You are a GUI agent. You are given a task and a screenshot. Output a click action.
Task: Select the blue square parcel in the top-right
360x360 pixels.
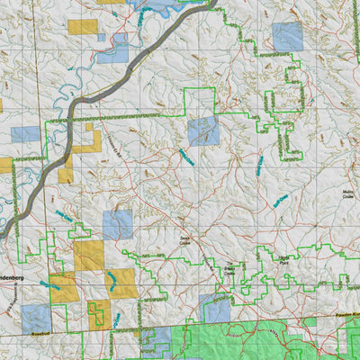click(287, 37)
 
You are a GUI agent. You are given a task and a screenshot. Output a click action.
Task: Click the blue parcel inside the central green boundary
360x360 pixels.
click(203, 131)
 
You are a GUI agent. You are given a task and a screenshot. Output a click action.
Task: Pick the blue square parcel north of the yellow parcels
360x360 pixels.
click(118, 224)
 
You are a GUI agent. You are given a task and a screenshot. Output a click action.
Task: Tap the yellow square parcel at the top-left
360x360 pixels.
click(82, 27)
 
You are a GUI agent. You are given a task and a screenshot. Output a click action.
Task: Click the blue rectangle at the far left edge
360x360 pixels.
click(24, 135)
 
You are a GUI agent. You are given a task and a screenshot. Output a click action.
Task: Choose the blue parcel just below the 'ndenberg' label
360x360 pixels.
click(36, 318)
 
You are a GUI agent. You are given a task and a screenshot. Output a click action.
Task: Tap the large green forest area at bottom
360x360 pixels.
click(261, 342)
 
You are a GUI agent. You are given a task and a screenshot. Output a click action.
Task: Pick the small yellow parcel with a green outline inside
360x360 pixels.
click(99, 313)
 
